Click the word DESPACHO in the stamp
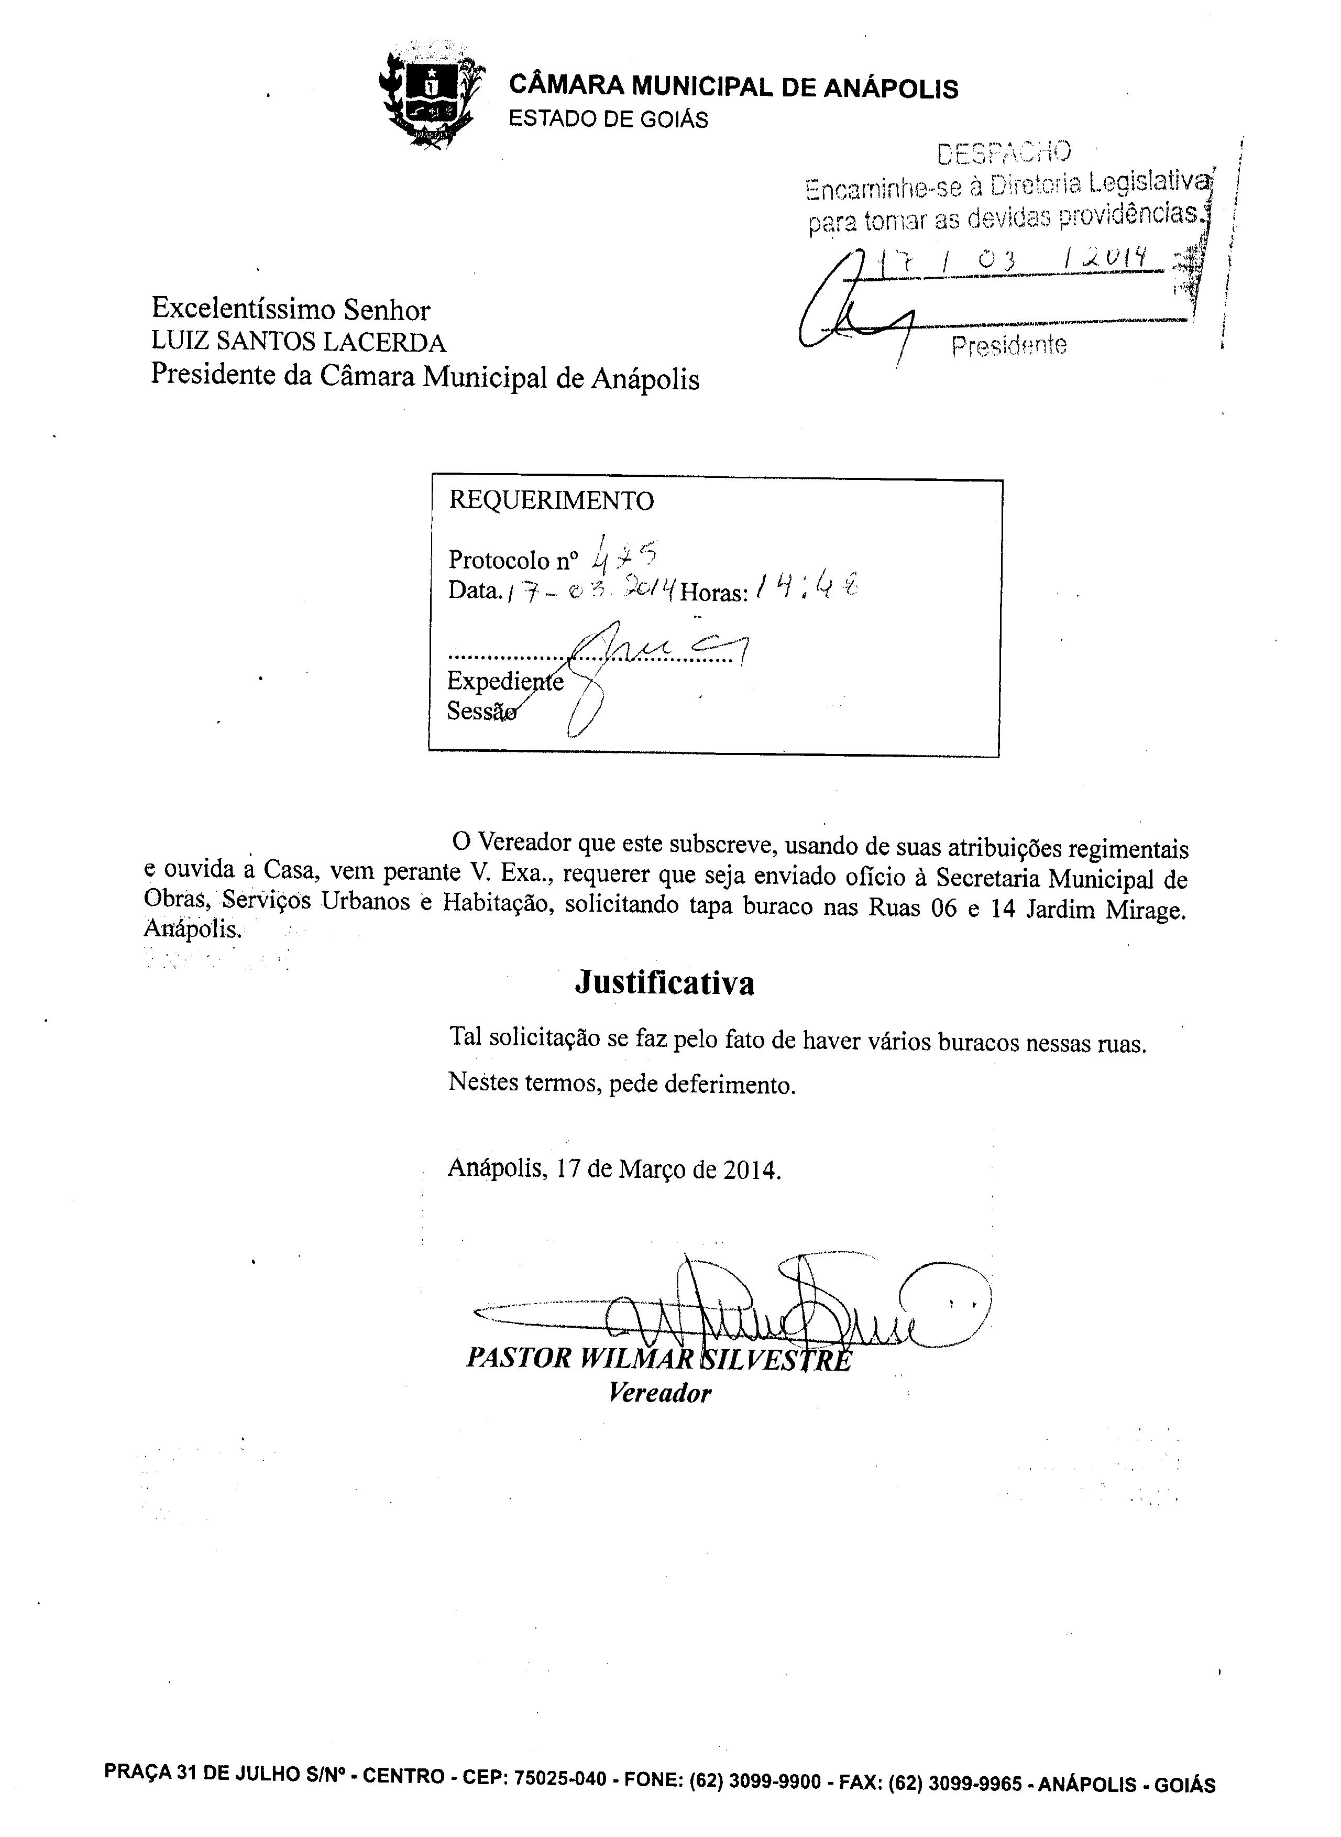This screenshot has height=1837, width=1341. click(x=1003, y=152)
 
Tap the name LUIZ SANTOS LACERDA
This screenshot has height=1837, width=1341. click(x=299, y=343)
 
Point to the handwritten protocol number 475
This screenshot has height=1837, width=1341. click(x=624, y=556)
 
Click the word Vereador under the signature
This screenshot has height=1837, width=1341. click(x=659, y=1393)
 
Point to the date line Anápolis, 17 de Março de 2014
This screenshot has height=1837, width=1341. click(x=614, y=1169)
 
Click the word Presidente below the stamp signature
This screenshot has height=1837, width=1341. click(x=1008, y=347)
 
